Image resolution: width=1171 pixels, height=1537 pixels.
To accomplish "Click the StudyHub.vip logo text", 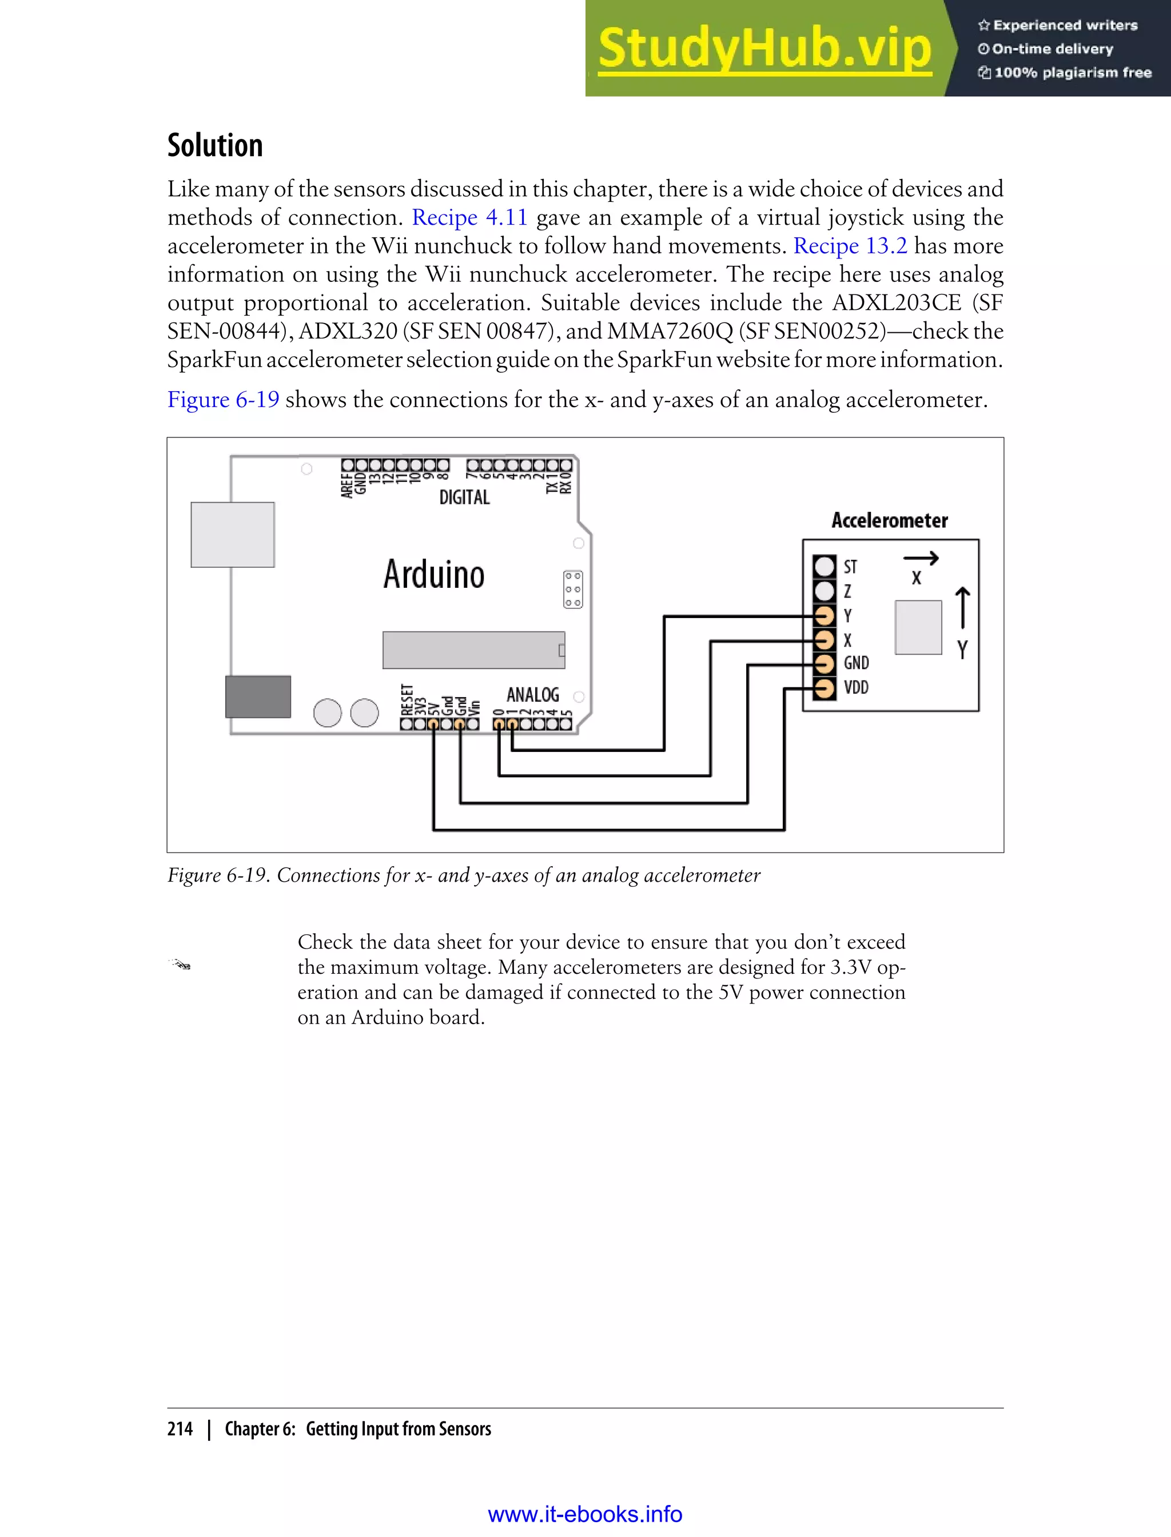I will (764, 49).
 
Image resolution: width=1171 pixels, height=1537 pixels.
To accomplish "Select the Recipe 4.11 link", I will (469, 217).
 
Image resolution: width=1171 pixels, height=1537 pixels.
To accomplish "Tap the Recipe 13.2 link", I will (850, 246).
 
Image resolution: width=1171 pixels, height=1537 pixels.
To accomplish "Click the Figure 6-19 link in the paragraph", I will (223, 400).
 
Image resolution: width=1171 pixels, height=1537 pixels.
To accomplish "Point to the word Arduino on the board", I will (433, 574).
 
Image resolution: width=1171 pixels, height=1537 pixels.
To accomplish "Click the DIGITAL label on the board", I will (464, 497).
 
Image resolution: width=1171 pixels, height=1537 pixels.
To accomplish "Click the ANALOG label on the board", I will (532, 694).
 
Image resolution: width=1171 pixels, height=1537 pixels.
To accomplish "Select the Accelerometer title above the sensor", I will (890, 520).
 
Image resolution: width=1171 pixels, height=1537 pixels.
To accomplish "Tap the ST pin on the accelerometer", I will (825, 566).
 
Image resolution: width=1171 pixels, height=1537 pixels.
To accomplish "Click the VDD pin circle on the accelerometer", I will (825, 688).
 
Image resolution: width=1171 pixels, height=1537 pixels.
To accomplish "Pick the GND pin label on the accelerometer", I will (856, 663).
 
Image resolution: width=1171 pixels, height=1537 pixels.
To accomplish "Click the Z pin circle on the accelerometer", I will (825, 591).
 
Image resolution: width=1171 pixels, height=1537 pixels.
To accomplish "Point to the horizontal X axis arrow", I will (921, 558).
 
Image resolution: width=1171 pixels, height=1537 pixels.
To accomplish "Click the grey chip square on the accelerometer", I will (918, 627).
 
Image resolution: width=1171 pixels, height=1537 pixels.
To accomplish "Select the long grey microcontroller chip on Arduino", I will (473, 650).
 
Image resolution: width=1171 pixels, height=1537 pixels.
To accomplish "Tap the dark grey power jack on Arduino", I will (258, 696).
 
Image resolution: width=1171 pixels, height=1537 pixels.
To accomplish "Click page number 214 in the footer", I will (180, 1429).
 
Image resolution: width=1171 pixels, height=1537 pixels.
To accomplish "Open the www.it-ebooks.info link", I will (585, 1514).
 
